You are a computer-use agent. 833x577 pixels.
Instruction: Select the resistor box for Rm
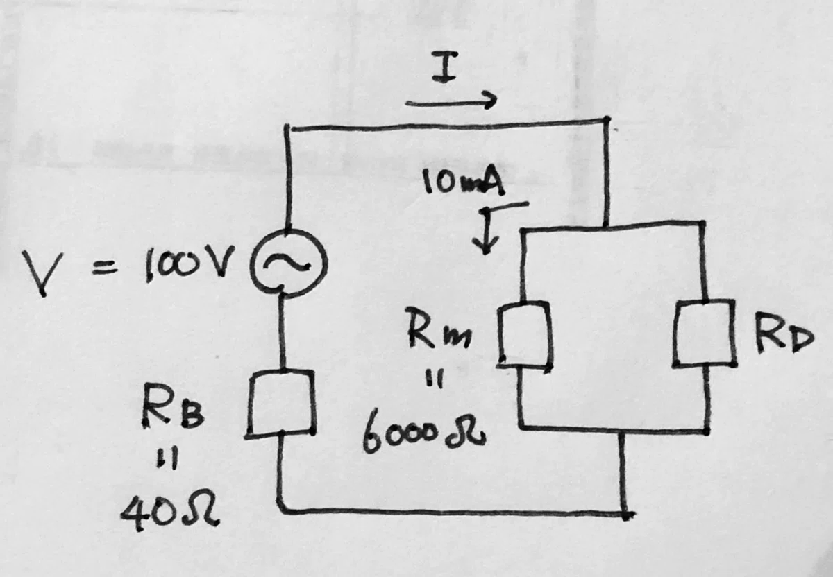(x=499, y=334)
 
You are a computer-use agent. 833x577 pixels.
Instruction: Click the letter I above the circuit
(x=444, y=66)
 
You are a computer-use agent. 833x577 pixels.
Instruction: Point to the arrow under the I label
(x=451, y=101)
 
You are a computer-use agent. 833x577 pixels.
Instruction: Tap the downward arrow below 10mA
(x=485, y=231)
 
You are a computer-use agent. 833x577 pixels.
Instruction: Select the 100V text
(x=189, y=263)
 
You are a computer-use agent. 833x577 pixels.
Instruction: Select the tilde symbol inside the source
(x=287, y=262)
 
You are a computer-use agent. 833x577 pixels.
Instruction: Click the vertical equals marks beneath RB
(x=168, y=460)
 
